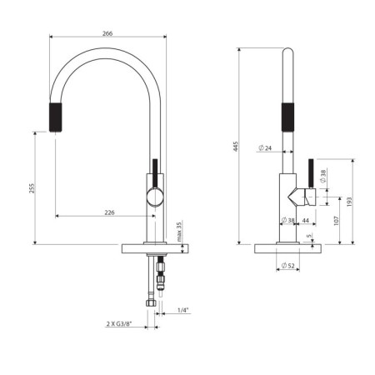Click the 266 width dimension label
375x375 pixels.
(107, 33)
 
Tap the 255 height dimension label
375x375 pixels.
(32, 188)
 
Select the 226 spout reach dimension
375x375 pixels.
(109, 212)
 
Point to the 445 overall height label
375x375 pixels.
(236, 146)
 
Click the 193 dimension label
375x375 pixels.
(349, 202)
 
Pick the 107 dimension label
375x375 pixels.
(337, 221)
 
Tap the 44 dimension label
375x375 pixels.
(305, 220)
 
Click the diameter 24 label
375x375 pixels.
(265, 148)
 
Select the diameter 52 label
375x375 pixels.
(287, 266)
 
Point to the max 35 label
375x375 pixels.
(179, 232)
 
